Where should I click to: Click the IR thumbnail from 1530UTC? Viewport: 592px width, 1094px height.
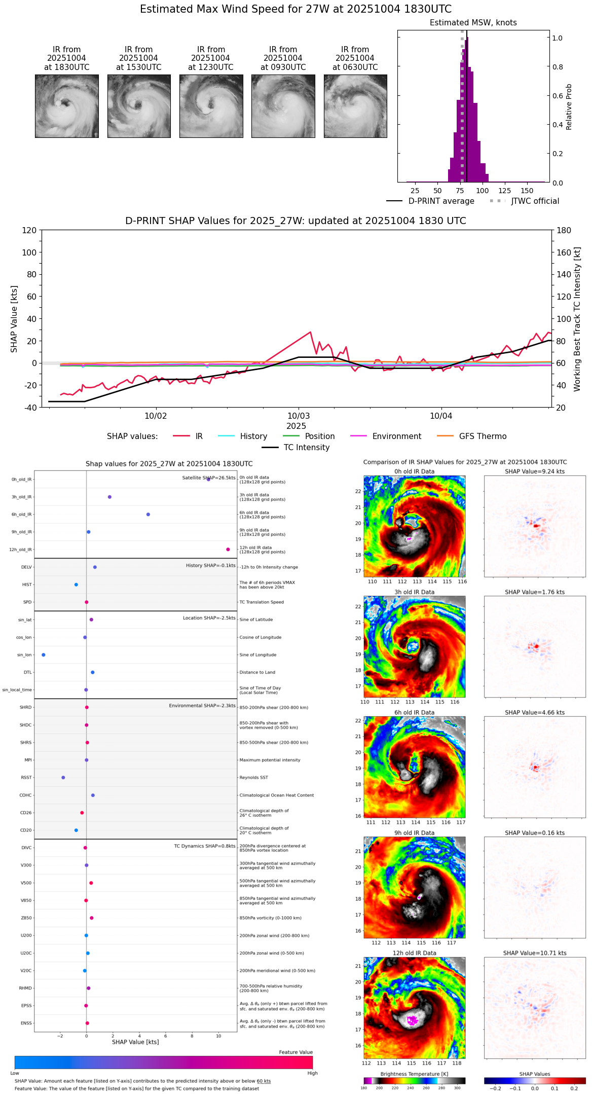pyautogui.click(x=139, y=106)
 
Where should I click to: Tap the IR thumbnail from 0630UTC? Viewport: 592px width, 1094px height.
pyautogui.click(x=355, y=106)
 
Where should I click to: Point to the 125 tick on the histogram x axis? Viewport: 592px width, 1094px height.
pyautogui.click(x=505, y=191)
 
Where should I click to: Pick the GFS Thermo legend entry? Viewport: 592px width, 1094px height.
pyautogui.click(x=483, y=436)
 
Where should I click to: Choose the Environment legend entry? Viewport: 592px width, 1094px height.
pyautogui.click(x=396, y=436)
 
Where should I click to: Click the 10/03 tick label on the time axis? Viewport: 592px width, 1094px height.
pyautogui.click(x=299, y=416)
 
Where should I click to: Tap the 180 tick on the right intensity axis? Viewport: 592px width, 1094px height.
pyautogui.click(x=564, y=231)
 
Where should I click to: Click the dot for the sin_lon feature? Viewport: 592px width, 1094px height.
pyautogui.click(x=44, y=655)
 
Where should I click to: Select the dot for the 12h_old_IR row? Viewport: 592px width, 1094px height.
pyautogui.click(x=228, y=550)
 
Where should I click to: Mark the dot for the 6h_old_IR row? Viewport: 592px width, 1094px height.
pyautogui.click(x=148, y=515)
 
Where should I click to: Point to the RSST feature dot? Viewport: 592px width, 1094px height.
pyautogui.click(x=63, y=778)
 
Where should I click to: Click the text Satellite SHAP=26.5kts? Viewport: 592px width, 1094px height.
pyautogui.click(x=209, y=478)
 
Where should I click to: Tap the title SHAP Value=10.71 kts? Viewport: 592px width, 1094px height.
pyautogui.click(x=535, y=953)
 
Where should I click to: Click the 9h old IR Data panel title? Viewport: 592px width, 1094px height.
pyautogui.click(x=414, y=833)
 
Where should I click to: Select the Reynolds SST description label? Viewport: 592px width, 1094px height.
pyautogui.click(x=253, y=778)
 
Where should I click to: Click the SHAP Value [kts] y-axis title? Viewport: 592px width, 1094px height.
pyautogui.click(x=14, y=319)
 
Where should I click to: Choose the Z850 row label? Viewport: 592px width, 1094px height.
pyautogui.click(x=26, y=918)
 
